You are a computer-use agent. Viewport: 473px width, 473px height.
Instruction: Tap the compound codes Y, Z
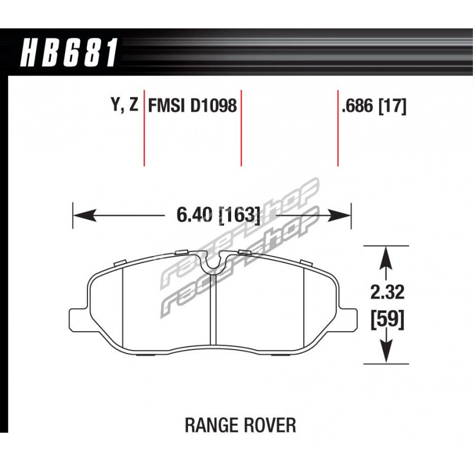click(x=125, y=105)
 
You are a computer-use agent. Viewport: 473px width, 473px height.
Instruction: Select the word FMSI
click(x=166, y=106)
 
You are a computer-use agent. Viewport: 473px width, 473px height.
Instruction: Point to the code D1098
click(x=213, y=106)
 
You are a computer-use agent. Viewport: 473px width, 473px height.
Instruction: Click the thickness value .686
click(x=358, y=106)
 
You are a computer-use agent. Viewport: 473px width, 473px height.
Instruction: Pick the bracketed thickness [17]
click(x=393, y=106)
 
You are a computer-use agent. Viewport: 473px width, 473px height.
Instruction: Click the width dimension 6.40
click(x=197, y=215)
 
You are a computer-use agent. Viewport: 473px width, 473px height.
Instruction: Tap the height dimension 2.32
click(x=387, y=292)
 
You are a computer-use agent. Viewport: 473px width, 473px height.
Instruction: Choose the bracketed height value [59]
click(x=387, y=319)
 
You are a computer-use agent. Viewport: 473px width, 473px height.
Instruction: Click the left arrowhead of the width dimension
click(x=85, y=215)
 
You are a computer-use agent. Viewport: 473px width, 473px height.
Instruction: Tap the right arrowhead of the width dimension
click(x=339, y=215)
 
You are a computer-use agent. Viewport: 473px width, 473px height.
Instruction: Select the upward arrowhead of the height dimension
click(x=387, y=258)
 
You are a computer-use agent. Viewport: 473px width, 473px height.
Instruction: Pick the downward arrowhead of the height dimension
click(x=387, y=352)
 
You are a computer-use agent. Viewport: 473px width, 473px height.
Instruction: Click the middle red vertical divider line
click(x=241, y=128)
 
